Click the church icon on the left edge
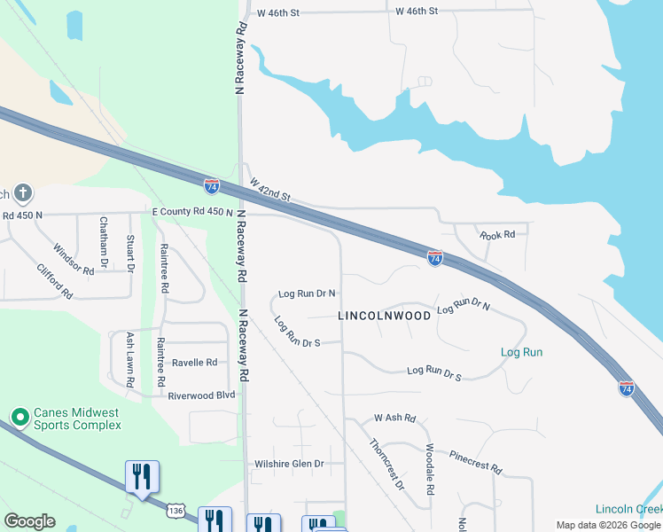click(22, 192)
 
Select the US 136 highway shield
click(176, 511)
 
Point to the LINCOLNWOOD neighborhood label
click(385, 316)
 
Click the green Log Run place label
click(521, 352)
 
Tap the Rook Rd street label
click(497, 235)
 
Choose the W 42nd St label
click(270, 189)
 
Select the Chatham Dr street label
click(104, 243)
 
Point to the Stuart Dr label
click(130, 253)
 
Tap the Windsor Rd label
click(74, 260)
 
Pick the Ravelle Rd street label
click(194, 363)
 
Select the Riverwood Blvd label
click(201, 395)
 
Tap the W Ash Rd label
click(394, 417)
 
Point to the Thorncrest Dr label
click(386, 465)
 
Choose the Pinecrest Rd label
click(476, 462)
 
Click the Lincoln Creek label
click(628, 509)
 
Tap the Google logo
click(29, 521)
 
